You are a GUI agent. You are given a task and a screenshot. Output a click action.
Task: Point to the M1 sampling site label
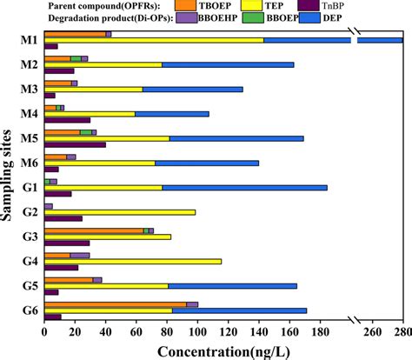click(x=29, y=40)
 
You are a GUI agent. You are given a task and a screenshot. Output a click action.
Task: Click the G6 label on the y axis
click(x=29, y=310)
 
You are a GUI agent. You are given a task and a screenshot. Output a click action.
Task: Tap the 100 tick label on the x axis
click(x=196, y=331)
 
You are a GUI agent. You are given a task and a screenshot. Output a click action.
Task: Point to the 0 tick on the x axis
click(x=44, y=331)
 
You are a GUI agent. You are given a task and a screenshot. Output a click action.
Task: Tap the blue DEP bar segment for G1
click(x=244, y=187)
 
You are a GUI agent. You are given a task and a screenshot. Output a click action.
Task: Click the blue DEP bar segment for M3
click(x=192, y=89)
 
